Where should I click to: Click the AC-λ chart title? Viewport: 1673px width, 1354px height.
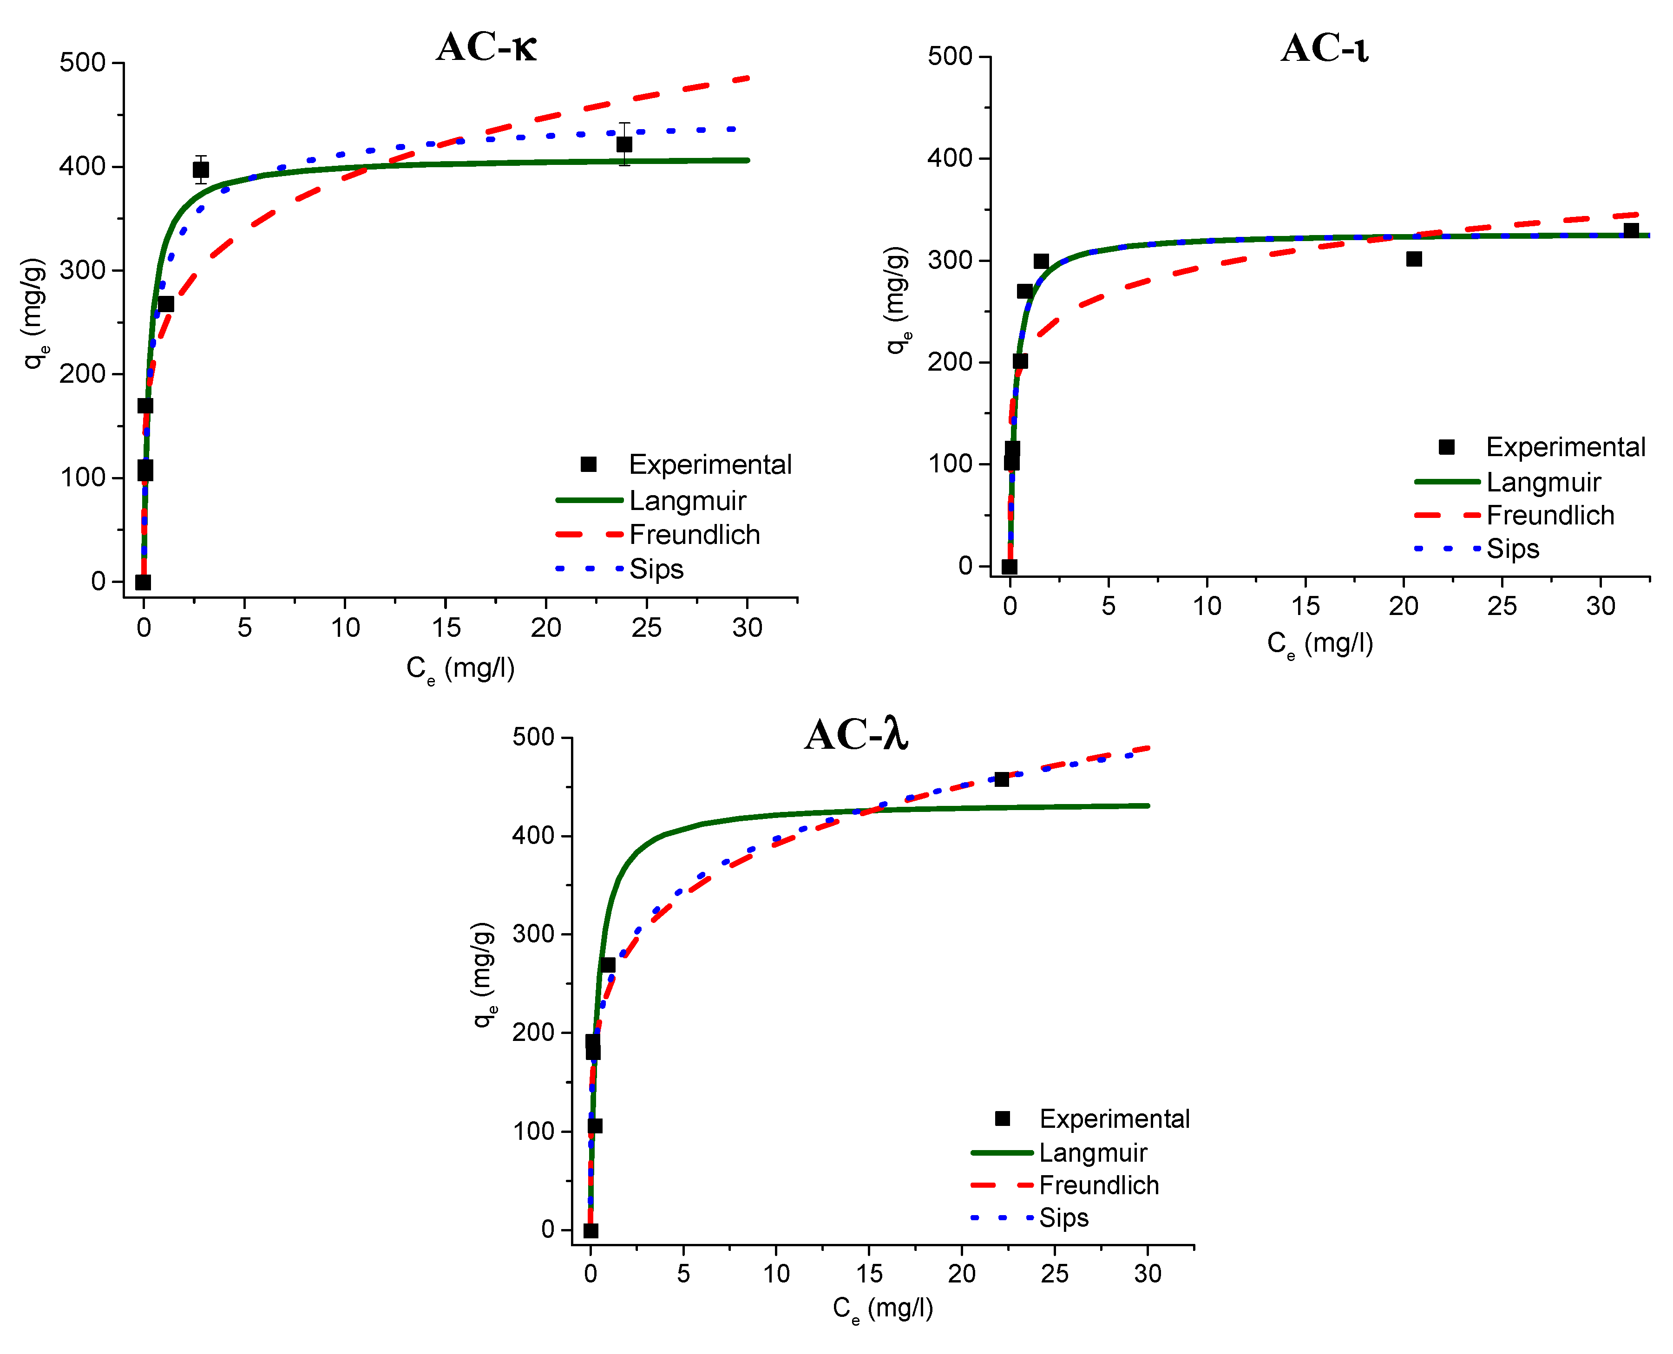click(856, 735)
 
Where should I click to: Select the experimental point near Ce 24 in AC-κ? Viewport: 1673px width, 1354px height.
click(624, 144)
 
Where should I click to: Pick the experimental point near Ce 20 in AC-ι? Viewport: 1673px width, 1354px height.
click(1413, 259)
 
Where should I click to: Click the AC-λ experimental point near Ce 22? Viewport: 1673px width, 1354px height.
click(1002, 779)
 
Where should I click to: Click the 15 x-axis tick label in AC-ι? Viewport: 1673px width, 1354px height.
click(1305, 606)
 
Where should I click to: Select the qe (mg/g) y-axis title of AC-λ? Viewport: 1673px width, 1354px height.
click(484, 975)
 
